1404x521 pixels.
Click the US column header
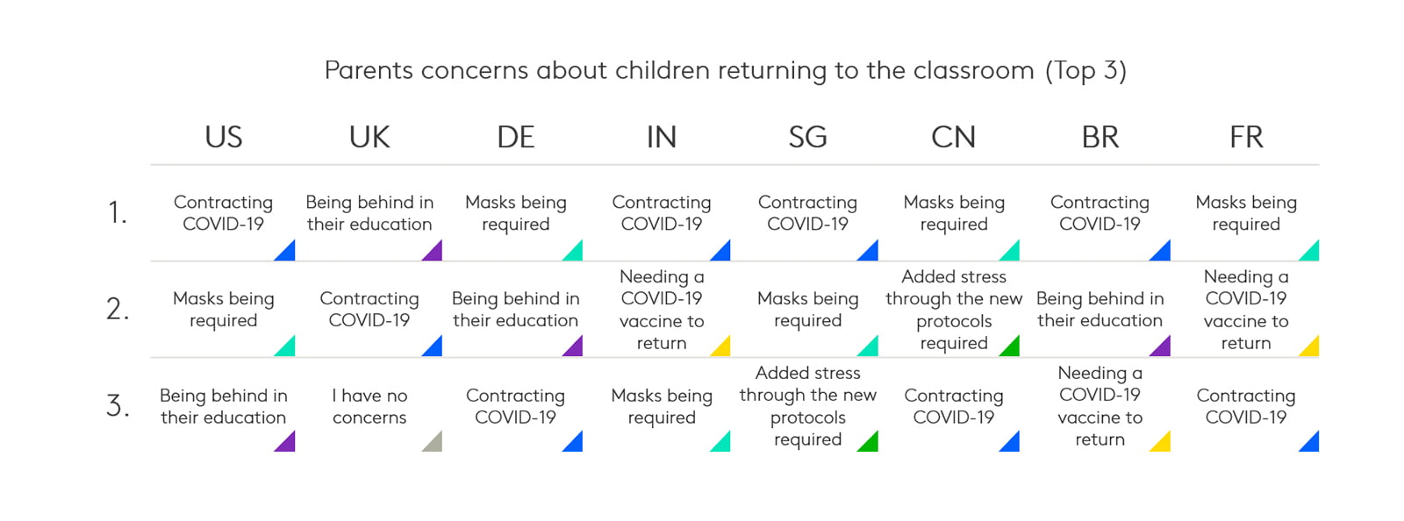coord(223,137)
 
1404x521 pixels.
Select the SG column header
coord(807,137)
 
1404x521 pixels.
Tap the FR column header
coord(1246,137)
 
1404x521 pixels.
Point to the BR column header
coord(1100,137)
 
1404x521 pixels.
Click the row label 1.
coord(118,212)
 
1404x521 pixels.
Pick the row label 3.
coord(118,405)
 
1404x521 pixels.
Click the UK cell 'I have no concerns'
coord(369,406)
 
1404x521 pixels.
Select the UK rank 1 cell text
coord(369,213)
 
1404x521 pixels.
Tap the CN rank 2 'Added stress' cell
coord(953,310)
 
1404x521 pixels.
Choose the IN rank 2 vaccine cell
coord(662,310)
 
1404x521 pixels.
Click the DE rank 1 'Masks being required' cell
coord(515,213)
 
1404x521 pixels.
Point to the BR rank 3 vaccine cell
coord(1100,406)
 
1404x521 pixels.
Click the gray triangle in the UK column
coord(435,444)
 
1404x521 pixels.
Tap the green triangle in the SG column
coord(870,444)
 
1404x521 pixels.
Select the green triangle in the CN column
coord(1013,348)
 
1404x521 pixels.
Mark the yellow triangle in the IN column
coord(723,348)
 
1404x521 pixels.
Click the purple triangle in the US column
coord(288,444)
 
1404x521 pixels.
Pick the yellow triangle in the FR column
coord(1312,348)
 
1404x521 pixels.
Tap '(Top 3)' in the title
coord(1085,71)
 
